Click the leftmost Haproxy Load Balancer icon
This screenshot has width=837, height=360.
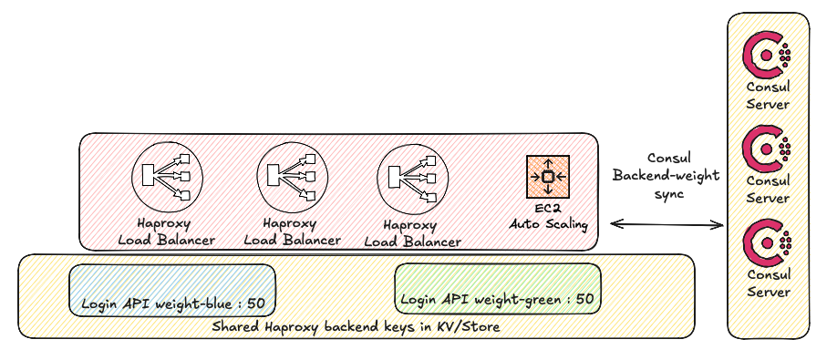coord(167,176)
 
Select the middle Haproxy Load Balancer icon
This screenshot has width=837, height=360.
coord(293,176)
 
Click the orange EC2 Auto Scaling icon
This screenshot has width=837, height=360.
coord(548,177)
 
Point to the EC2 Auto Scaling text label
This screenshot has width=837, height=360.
coord(548,216)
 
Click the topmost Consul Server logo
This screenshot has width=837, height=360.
coord(767,55)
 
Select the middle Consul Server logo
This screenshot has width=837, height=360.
coord(767,149)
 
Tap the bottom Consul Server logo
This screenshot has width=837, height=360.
coord(767,243)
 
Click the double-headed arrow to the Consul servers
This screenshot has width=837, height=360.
coord(666,224)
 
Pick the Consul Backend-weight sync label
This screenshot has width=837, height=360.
coord(666,176)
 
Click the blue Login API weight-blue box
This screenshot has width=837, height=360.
coord(172,290)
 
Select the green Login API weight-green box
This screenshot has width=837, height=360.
coord(498,289)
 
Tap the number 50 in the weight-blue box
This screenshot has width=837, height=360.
coord(256,303)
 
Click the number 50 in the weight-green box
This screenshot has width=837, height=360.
coord(584,299)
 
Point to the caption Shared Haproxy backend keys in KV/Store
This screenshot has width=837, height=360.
coord(356,326)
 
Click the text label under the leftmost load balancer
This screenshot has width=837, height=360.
coord(167,231)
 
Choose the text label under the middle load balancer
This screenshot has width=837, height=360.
coord(292,231)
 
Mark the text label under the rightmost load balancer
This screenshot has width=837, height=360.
coord(413,233)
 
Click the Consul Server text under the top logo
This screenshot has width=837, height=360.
coord(768,96)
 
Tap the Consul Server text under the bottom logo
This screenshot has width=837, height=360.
coord(768,283)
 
